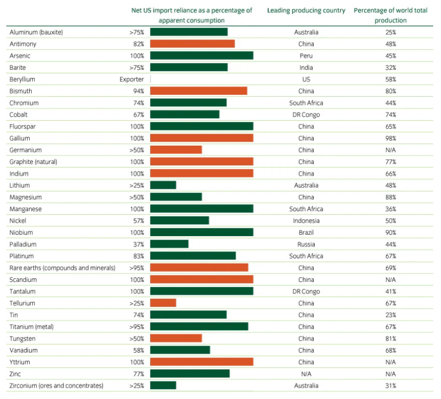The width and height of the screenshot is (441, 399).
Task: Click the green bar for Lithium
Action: [x=163, y=185]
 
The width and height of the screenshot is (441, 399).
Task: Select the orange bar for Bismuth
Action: [x=198, y=91]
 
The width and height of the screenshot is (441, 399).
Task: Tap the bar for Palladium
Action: [x=169, y=244]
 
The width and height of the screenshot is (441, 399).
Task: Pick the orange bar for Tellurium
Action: [x=163, y=303]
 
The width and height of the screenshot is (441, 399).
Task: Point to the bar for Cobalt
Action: [x=184, y=114]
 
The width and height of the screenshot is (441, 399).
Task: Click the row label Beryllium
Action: [x=22, y=79]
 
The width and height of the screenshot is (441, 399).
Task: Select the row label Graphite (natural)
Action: [x=33, y=162]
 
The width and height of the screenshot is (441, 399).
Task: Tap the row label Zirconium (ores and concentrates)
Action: [x=57, y=385]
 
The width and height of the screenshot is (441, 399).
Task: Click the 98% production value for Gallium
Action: [x=391, y=138]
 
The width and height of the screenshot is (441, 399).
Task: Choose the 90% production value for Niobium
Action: [x=391, y=233]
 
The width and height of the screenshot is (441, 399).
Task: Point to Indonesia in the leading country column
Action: [x=306, y=221]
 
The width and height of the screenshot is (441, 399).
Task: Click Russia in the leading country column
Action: [x=306, y=244]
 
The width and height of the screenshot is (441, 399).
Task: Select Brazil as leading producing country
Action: [x=306, y=233]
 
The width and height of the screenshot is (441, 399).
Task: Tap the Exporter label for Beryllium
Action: [x=131, y=79]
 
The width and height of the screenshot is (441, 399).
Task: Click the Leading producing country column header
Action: [x=306, y=10]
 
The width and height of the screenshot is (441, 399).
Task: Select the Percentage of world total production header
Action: [x=391, y=15]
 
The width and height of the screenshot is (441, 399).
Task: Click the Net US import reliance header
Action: [x=192, y=15]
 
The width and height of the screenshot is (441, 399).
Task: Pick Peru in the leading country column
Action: [x=306, y=56]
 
